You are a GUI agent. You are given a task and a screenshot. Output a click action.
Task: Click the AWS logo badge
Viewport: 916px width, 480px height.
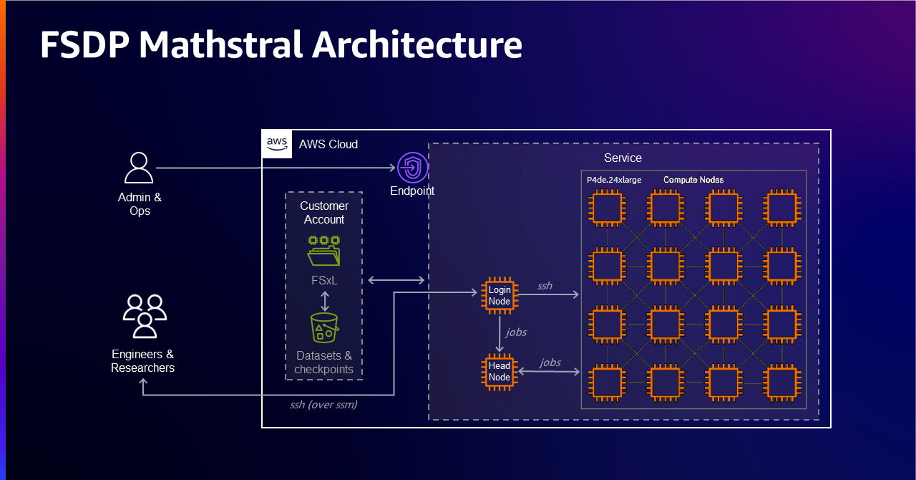point(277,144)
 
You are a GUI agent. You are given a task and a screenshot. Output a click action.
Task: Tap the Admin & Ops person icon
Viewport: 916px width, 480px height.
point(139,168)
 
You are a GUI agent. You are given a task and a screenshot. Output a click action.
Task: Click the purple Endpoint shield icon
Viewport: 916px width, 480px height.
point(412,168)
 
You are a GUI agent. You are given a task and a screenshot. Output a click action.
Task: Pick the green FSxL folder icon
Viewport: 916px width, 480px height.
point(324,251)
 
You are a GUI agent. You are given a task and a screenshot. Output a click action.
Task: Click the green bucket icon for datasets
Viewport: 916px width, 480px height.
point(324,327)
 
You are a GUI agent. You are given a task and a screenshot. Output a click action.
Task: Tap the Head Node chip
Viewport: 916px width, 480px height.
point(500,371)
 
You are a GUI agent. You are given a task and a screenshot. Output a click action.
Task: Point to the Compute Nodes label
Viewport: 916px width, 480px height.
point(693,180)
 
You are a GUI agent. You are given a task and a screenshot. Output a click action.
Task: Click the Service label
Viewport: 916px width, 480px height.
point(623,158)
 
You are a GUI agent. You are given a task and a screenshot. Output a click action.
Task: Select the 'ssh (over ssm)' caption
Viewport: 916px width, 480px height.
point(323,405)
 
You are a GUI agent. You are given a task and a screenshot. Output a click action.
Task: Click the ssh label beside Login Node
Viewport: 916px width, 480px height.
point(545,286)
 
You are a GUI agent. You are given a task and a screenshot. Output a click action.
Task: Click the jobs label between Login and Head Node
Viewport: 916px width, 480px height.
point(517,332)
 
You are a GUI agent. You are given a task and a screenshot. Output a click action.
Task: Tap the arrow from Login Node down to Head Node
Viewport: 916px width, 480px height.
point(500,334)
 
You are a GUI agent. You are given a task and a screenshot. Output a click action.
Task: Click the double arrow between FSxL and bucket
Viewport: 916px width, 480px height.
point(325,299)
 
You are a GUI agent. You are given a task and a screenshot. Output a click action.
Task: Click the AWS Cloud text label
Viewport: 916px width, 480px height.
point(328,144)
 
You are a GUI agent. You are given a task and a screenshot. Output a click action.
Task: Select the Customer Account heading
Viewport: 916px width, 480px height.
point(324,213)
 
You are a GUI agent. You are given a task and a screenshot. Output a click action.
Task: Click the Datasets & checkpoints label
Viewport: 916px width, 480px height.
point(324,363)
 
